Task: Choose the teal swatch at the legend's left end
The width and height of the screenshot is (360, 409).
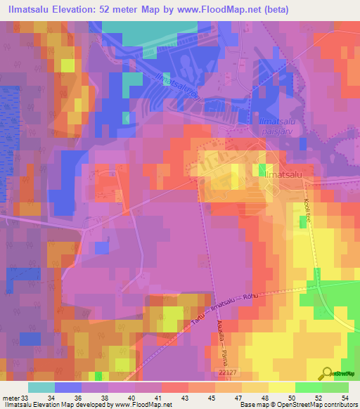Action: pyautogui.click(x=41, y=388)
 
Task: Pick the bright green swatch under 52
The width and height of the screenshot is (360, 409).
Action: pyautogui.click(x=308, y=388)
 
